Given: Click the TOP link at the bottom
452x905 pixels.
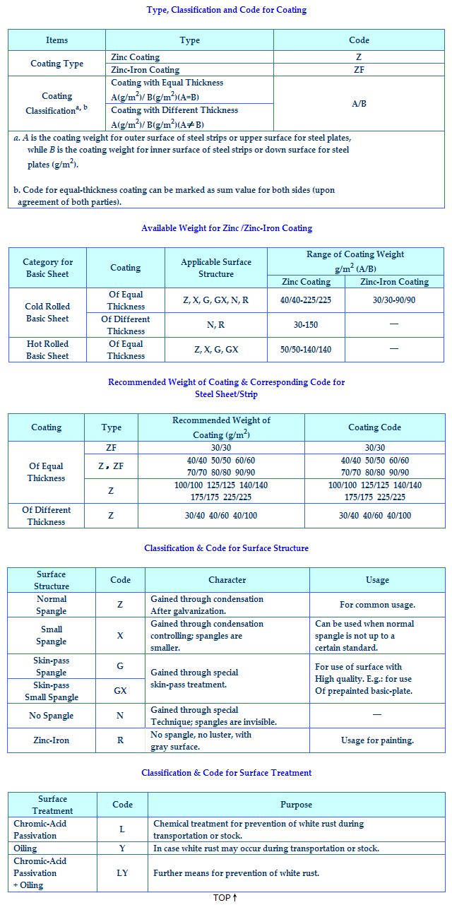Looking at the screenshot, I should pos(225,898).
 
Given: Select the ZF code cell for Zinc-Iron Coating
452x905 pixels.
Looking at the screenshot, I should pos(359,70).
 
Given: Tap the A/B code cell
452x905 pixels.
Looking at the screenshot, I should pos(359,104).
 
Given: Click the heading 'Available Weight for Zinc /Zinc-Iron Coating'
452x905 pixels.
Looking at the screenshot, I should pos(227,228).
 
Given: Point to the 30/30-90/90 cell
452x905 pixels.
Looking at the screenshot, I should pos(394,300).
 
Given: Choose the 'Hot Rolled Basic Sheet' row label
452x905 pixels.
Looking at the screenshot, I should pos(47,350).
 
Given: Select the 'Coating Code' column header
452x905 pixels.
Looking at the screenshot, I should pos(374,427).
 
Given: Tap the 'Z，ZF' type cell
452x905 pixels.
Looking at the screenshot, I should pos(111,466).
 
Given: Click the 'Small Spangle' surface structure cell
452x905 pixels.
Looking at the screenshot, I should pos(52,635).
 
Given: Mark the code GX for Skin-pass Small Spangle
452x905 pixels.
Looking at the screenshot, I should pos(120,690).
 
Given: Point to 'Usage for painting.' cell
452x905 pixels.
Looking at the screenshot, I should pos(376,740).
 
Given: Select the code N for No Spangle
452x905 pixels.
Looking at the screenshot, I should pos(120,716).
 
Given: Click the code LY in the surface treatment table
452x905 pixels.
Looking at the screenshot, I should pos(122,873).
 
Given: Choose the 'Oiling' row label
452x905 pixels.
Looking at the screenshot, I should pos(25,848).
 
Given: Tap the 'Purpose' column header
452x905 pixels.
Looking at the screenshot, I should pos(296,804).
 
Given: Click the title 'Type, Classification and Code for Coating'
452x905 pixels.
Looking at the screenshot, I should pos(227,10).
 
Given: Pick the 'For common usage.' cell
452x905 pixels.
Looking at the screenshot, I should pos(377,605).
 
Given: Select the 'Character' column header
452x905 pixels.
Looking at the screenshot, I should pos(227,580).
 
